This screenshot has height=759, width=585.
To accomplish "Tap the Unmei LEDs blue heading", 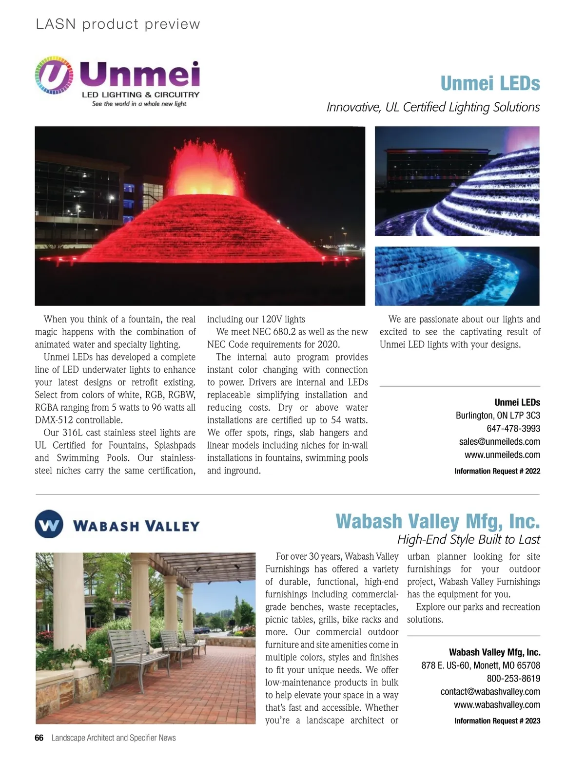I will [490, 83].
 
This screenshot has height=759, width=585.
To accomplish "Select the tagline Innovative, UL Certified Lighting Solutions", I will [433, 107].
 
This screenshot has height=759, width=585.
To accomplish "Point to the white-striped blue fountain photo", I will [457, 181].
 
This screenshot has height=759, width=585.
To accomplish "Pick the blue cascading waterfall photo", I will [457, 276].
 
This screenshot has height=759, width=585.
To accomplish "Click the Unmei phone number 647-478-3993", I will [513, 429].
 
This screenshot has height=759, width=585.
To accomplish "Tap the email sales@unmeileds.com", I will [499, 442].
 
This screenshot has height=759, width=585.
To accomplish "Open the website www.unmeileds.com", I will [502, 455].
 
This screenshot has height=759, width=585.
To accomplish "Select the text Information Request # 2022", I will [497, 471].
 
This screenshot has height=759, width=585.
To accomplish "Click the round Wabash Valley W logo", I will [49, 524].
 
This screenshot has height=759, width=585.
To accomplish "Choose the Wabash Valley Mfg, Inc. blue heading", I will [437, 521].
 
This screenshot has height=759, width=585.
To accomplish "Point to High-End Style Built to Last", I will [468, 540].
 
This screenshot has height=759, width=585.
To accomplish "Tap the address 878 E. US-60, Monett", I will [480, 665].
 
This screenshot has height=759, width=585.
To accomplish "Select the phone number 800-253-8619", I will [513, 679].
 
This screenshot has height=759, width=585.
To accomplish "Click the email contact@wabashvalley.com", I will [490, 692].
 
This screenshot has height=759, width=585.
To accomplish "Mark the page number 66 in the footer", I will [39, 738].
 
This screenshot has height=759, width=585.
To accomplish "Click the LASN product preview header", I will [118, 24].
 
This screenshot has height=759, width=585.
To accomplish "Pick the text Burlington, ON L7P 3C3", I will [498, 416].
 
